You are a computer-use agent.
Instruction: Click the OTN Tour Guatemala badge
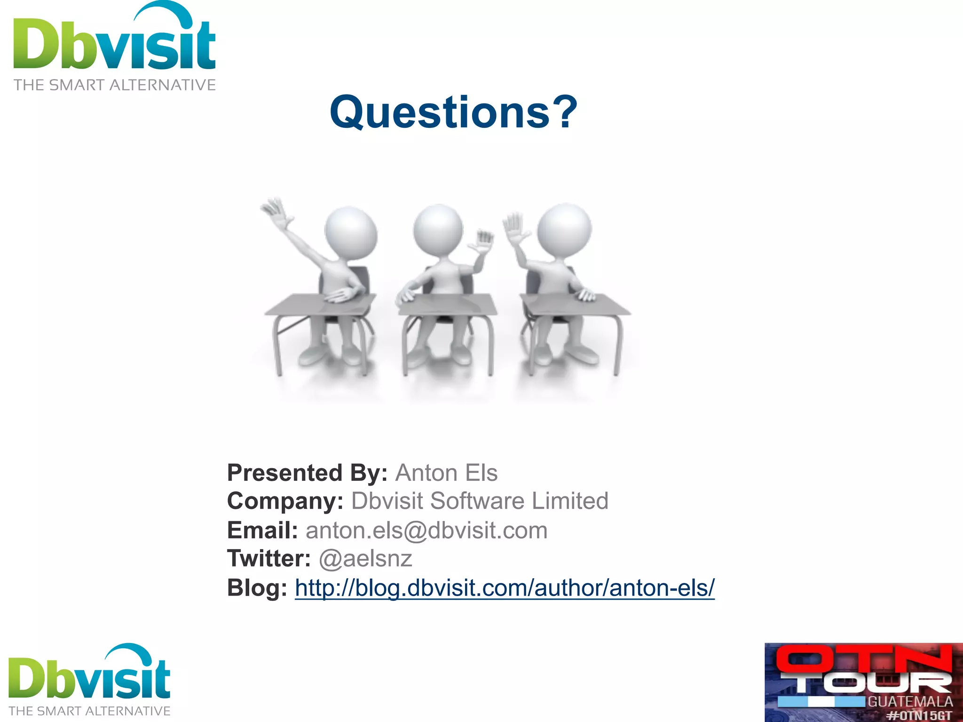pos(863,682)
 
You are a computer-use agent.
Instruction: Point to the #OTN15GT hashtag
pos(919,716)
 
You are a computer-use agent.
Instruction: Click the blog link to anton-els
pos(505,588)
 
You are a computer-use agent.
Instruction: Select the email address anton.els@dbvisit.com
pos(426,531)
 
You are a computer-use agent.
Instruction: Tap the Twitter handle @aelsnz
pos(365,559)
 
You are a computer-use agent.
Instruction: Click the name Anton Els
pos(446,473)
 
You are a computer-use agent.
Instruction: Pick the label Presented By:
pos(307,473)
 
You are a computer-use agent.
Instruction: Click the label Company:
pos(285,501)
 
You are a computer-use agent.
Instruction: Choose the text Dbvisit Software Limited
pos(480,501)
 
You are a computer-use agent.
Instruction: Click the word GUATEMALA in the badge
pos(910,702)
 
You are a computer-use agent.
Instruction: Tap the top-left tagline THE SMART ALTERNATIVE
pos(114,85)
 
